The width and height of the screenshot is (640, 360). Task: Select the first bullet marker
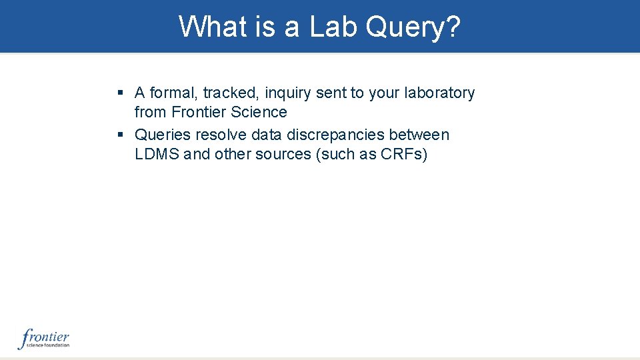[x=120, y=93]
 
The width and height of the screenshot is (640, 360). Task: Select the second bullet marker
[x=120, y=135]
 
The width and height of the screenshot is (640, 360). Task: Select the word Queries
[x=163, y=135]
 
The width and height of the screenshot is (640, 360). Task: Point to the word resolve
[x=221, y=135]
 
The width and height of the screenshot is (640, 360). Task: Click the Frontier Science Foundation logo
[x=44, y=339]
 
